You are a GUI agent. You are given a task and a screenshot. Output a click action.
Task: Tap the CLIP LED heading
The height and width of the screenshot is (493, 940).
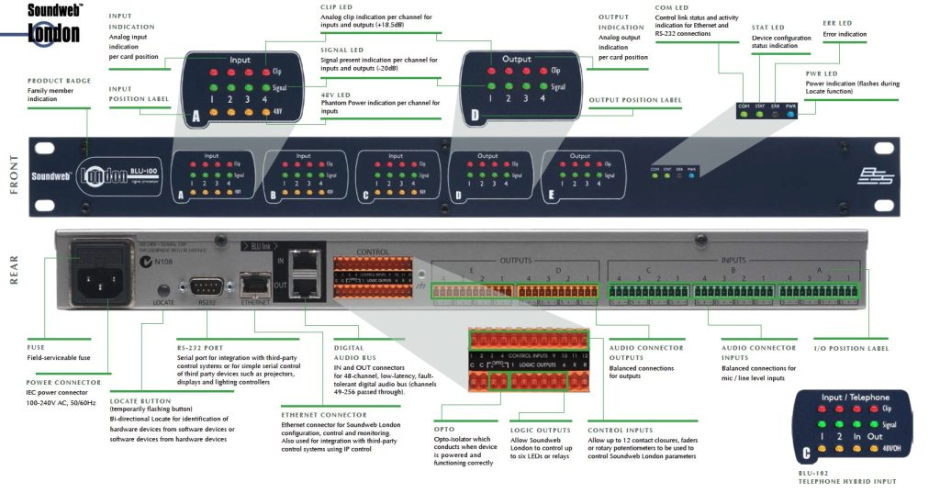pyautogui.click(x=336, y=7)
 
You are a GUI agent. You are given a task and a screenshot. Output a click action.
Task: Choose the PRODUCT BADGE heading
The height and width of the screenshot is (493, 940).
pyautogui.click(x=59, y=81)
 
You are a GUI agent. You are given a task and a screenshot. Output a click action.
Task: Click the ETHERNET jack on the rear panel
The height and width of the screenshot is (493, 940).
pyautogui.click(x=250, y=285)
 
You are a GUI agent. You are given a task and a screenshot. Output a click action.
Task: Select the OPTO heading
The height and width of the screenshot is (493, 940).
pyautogui.click(x=444, y=429)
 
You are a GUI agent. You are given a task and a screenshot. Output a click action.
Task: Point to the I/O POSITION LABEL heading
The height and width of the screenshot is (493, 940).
pyautogui.click(x=852, y=349)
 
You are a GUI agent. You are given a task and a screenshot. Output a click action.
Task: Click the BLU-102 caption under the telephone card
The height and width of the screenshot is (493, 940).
pyautogui.click(x=817, y=473)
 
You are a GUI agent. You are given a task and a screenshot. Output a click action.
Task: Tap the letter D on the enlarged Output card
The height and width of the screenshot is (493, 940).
pyautogui.click(x=476, y=115)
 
